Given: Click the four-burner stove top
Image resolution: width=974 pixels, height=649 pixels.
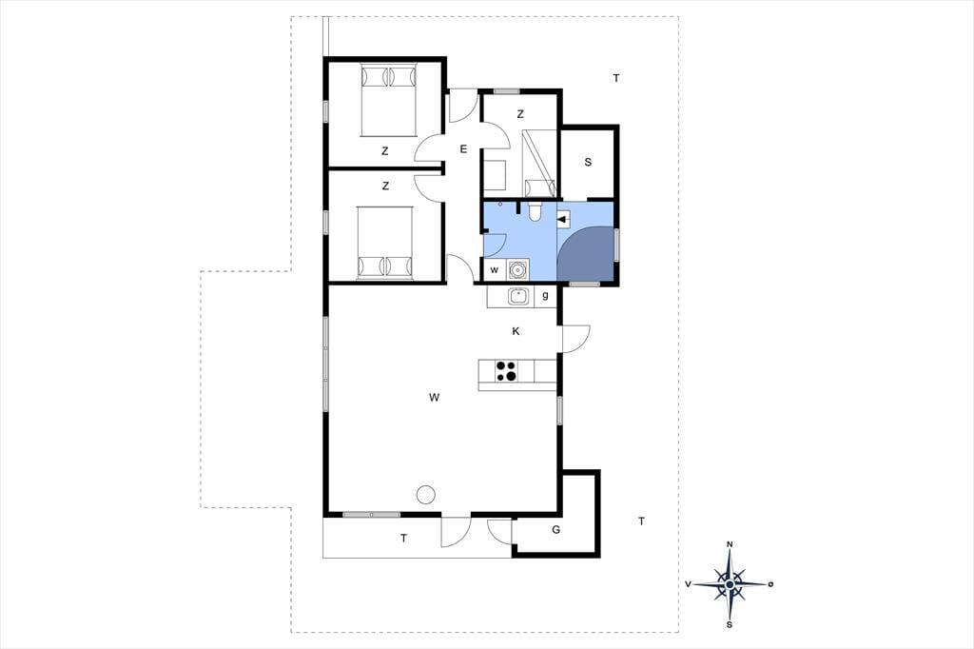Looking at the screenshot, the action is [506, 370].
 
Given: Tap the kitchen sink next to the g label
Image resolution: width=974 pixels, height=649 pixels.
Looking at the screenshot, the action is [518, 297].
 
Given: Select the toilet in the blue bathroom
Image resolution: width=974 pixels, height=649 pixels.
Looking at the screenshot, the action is [535, 211].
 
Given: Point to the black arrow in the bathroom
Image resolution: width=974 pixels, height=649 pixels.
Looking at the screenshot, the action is [564, 218].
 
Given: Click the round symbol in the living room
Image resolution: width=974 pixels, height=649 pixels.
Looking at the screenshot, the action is [425, 494].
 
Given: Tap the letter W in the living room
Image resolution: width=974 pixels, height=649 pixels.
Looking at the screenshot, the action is [434, 397].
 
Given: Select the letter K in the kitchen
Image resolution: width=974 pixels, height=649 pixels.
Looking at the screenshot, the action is [516, 331].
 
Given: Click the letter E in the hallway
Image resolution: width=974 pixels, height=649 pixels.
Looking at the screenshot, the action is [463, 149].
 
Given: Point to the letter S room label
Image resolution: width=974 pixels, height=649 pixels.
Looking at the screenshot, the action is [588, 162].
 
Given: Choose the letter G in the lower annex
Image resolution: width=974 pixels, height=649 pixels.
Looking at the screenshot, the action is [555, 530].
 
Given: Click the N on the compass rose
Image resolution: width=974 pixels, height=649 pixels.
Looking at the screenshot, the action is [730, 544].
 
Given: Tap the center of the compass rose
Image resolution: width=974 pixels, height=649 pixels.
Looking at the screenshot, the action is [730, 584].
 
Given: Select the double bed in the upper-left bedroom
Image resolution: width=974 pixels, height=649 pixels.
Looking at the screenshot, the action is [388, 100].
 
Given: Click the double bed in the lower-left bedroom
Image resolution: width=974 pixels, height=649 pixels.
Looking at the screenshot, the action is [385, 243].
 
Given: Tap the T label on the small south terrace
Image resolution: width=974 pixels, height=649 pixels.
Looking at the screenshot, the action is [403, 539].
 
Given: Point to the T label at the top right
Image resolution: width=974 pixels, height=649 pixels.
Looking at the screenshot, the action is [616, 78].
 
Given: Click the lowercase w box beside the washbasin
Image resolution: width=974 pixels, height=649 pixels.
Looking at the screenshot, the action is [495, 270].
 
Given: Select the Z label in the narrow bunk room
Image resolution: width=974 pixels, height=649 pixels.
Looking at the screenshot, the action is [520, 114].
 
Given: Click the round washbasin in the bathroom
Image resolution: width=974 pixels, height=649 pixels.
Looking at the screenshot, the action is [517, 270].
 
